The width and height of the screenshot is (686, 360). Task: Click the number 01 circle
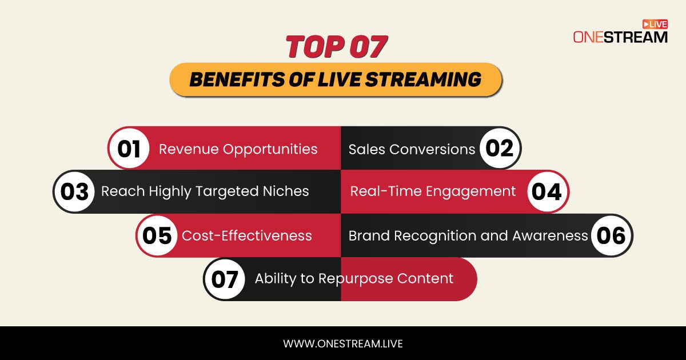pos(129,149)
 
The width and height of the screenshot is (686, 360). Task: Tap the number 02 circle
pos(500,148)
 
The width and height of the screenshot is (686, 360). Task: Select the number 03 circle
pos(74,191)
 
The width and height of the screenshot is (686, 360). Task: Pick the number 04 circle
pos(547,191)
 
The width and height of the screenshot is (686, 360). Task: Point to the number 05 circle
pos(157,235)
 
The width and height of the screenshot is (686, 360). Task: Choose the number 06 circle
pos(612,235)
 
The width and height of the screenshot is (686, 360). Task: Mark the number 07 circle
pos(225,279)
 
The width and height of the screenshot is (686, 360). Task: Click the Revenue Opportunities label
pos(238,149)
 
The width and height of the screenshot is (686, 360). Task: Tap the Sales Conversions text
pos(412,149)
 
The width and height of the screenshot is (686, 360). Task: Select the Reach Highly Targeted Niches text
pos(205,191)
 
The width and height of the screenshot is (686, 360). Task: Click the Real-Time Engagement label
pos(433,191)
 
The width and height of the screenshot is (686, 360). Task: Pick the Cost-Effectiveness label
pos(246,235)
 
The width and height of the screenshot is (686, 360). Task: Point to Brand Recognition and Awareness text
pos(468,235)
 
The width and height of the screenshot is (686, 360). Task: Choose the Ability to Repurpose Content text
pos(354,279)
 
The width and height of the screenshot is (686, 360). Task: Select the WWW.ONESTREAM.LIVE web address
pos(343,343)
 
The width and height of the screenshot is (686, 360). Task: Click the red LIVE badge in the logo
pos(655,24)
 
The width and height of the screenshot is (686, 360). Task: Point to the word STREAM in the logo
pos(635,37)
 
